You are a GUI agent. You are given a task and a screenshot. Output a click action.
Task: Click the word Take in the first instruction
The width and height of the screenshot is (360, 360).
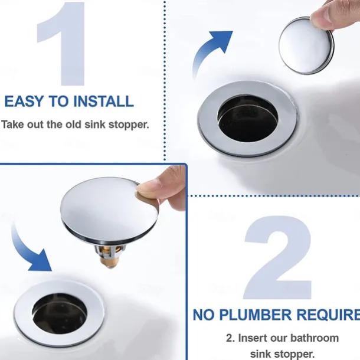pyautogui.click(x=13, y=125)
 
